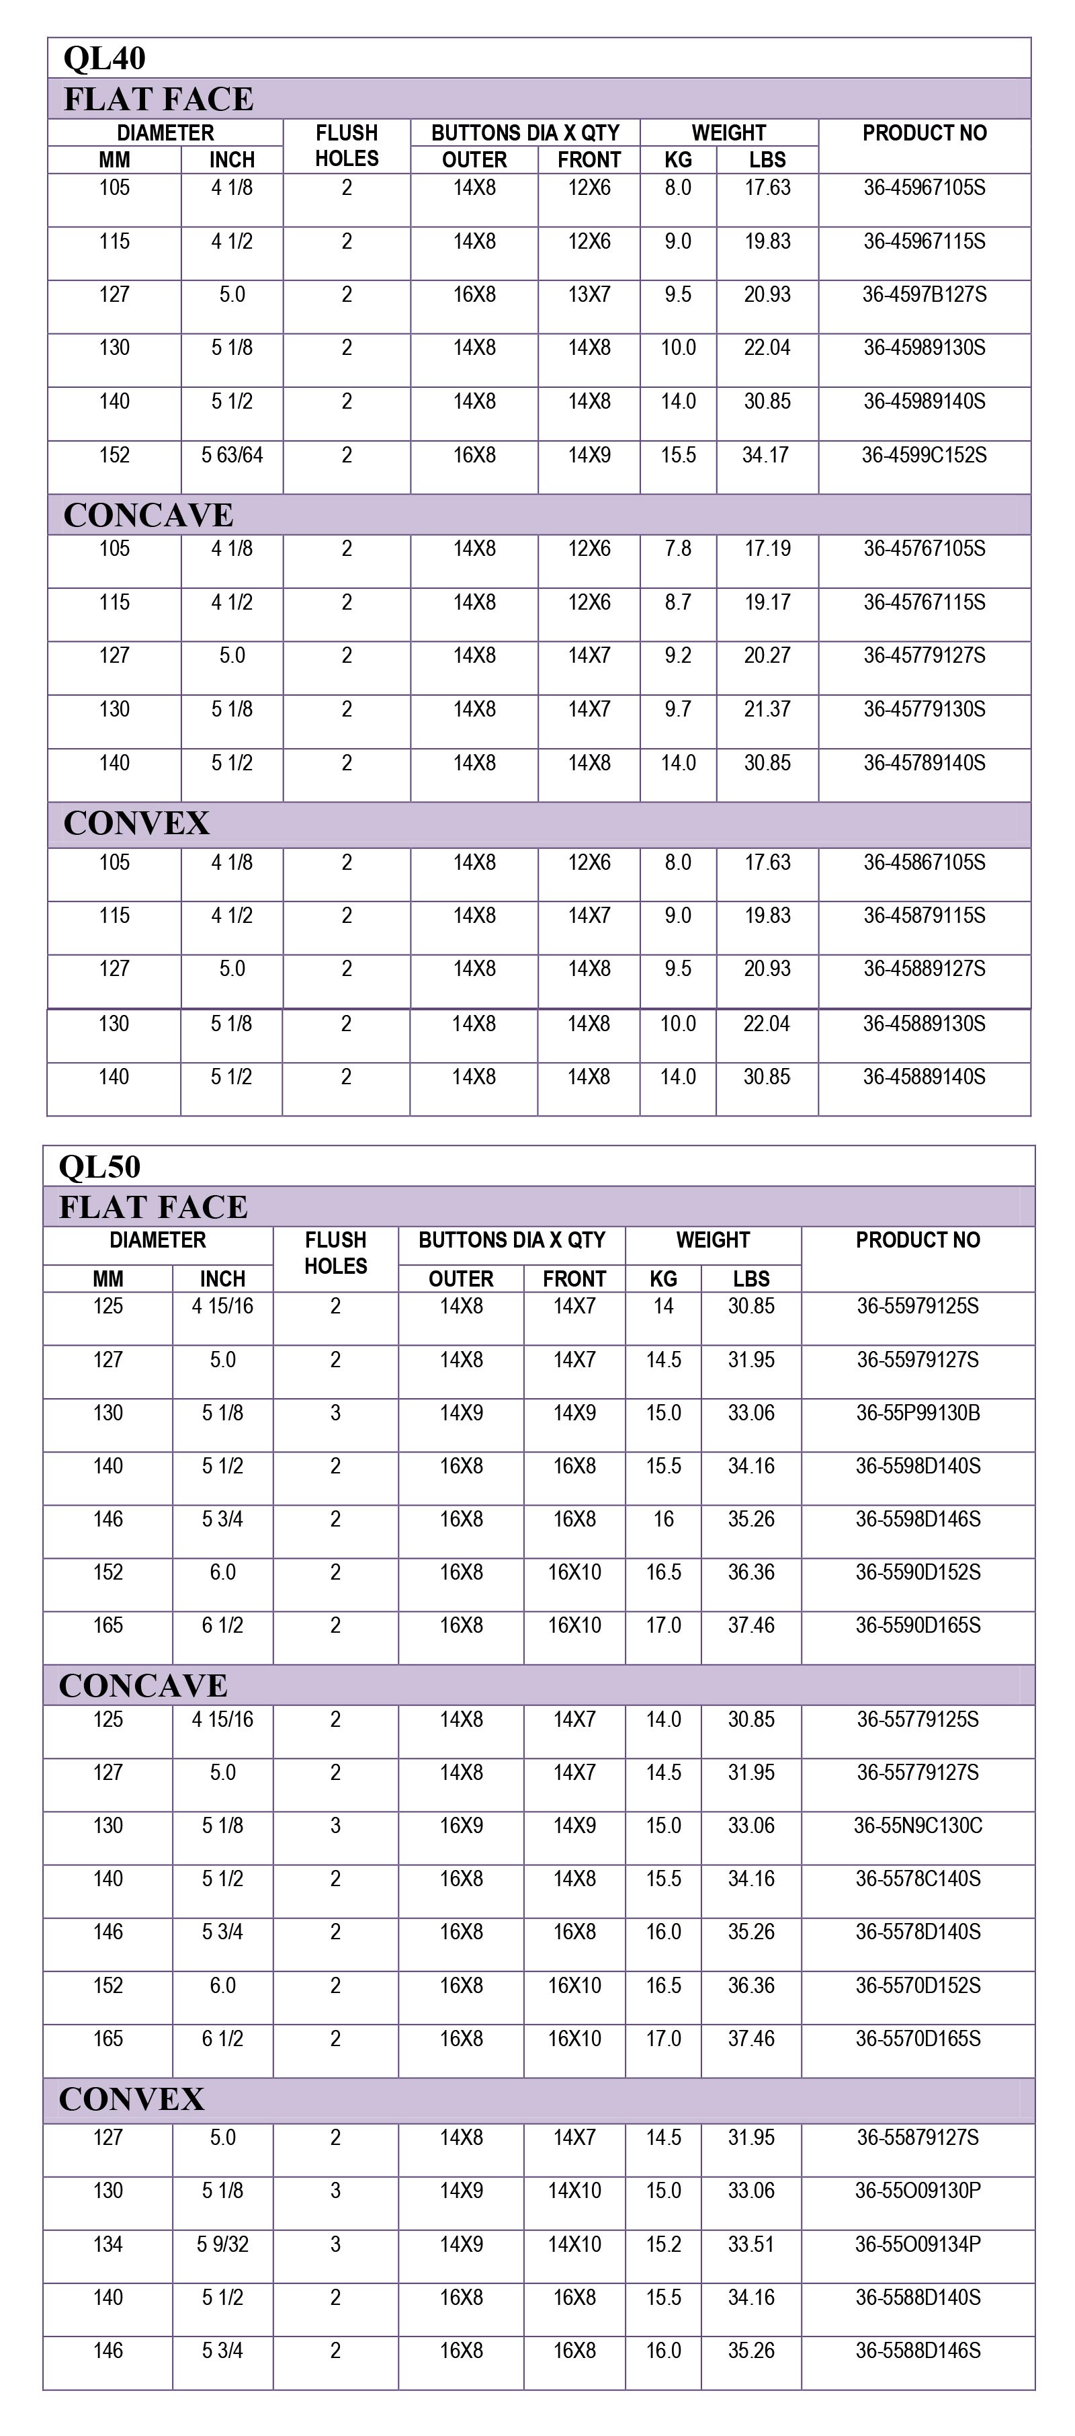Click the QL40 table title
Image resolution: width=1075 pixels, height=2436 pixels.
[x=105, y=58]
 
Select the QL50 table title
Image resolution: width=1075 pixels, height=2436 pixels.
[x=100, y=1167]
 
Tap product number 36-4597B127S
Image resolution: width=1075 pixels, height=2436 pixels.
[x=924, y=295]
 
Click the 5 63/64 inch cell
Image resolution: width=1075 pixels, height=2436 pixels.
[x=232, y=456]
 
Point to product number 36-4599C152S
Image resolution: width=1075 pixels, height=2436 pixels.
[x=924, y=456]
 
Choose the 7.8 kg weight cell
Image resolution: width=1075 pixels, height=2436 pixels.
[x=678, y=549]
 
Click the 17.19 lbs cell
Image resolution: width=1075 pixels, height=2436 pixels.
[x=767, y=549]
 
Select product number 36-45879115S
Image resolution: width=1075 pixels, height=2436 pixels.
[x=924, y=916]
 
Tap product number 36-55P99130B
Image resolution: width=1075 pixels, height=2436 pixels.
[x=918, y=1414]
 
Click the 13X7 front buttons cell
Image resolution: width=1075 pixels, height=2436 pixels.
[x=589, y=295]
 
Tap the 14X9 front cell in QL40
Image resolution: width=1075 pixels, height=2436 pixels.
[x=589, y=456]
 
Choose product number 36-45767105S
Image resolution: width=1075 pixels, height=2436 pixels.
[x=924, y=549]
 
